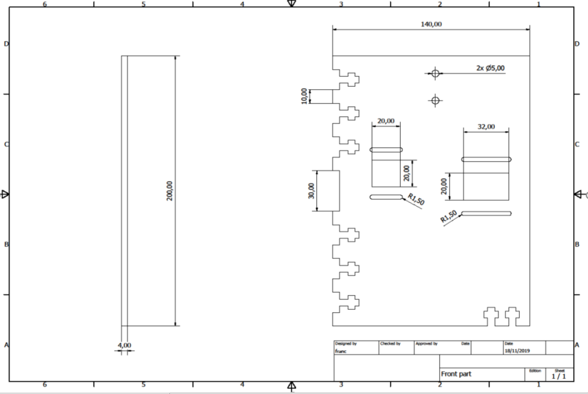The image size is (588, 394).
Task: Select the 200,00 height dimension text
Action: click(x=169, y=191)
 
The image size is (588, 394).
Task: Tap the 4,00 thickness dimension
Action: click(x=125, y=345)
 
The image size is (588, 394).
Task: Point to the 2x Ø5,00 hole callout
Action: click(x=491, y=68)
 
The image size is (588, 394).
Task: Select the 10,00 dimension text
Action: click(x=304, y=96)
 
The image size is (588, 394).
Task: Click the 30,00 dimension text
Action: click(x=311, y=191)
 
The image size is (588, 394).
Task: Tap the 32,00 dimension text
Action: click(x=486, y=127)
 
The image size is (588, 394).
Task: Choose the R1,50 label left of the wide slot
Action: click(x=449, y=216)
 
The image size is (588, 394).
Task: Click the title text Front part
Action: click(x=456, y=374)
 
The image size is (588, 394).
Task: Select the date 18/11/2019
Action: click(x=517, y=351)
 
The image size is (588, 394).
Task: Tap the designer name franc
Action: click(x=341, y=351)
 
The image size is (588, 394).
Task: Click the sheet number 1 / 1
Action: click(x=559, y=376)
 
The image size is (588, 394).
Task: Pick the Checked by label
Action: click(x=390, y=344)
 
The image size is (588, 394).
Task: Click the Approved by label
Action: click(x=426, y=344)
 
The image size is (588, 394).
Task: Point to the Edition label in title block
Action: click(x=535, y=371)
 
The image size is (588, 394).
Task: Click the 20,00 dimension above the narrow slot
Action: click(x=386, y=121)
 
